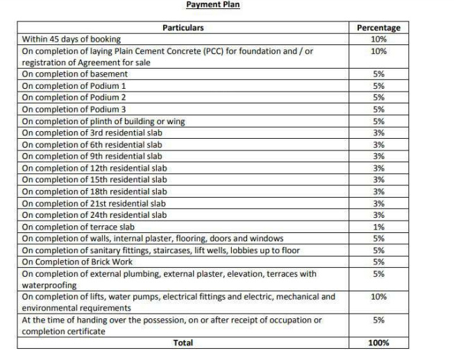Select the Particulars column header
click(x=183, y=28)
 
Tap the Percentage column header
click(x=378, y=28)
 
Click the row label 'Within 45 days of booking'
click(x=71, y=40)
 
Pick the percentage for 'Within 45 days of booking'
click(x=378, y=40)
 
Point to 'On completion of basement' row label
click(x=75, y=74)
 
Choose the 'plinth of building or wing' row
click(x=103, y=121)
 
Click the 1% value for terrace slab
click(x=378, y=227)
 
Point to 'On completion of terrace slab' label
click(x=78, y=227)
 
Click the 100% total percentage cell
click(x=378, y=343)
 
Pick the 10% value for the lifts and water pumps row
click(x=378, y=297)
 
